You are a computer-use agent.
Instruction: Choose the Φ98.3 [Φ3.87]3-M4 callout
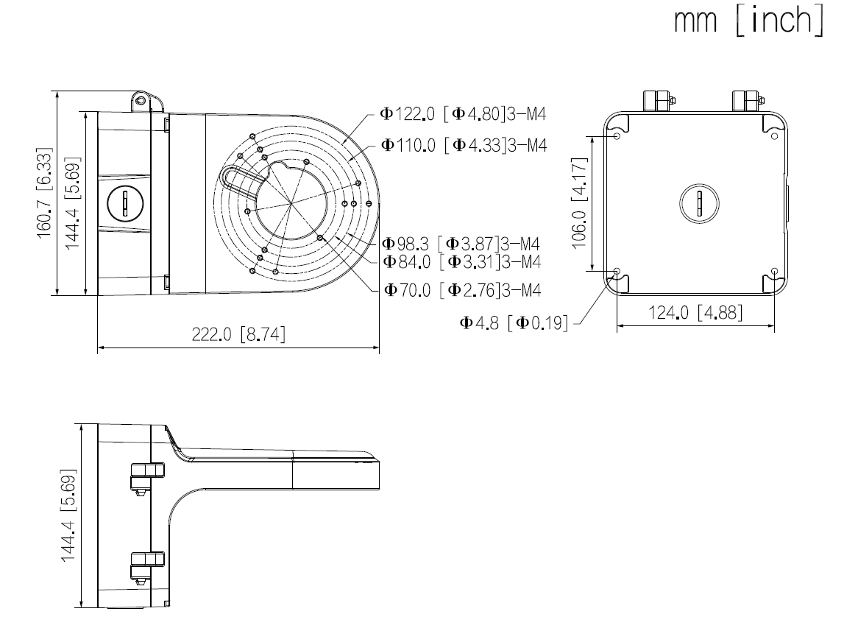[461, 244]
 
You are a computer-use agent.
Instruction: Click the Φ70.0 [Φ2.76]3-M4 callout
[461, 290]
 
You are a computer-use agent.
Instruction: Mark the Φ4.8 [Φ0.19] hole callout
[514, 323]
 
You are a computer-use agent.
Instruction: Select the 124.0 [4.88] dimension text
[695, 314]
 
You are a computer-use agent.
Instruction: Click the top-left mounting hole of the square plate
[616, 136]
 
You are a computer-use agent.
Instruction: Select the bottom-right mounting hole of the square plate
[774, 272]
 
